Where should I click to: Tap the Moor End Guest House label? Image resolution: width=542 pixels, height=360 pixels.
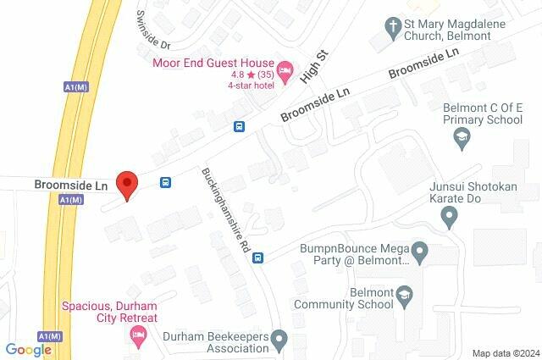213,63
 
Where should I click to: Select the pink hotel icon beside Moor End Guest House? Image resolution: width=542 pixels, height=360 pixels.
285,67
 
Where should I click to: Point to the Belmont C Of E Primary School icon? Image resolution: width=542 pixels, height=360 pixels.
462,137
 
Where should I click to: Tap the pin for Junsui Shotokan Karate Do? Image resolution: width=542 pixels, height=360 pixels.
450,219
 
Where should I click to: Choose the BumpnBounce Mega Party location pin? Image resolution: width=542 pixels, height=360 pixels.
418,252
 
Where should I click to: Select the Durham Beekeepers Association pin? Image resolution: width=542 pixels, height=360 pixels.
276,341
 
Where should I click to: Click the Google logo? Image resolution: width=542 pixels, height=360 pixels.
28,350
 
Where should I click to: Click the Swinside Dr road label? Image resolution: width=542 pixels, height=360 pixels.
153,30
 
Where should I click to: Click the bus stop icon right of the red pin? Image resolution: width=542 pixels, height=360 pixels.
165,182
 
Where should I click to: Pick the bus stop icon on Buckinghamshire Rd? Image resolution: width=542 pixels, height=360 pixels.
260,258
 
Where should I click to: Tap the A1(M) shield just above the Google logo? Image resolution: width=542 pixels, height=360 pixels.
51,336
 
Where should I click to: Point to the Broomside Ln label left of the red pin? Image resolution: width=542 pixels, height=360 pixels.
71,184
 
